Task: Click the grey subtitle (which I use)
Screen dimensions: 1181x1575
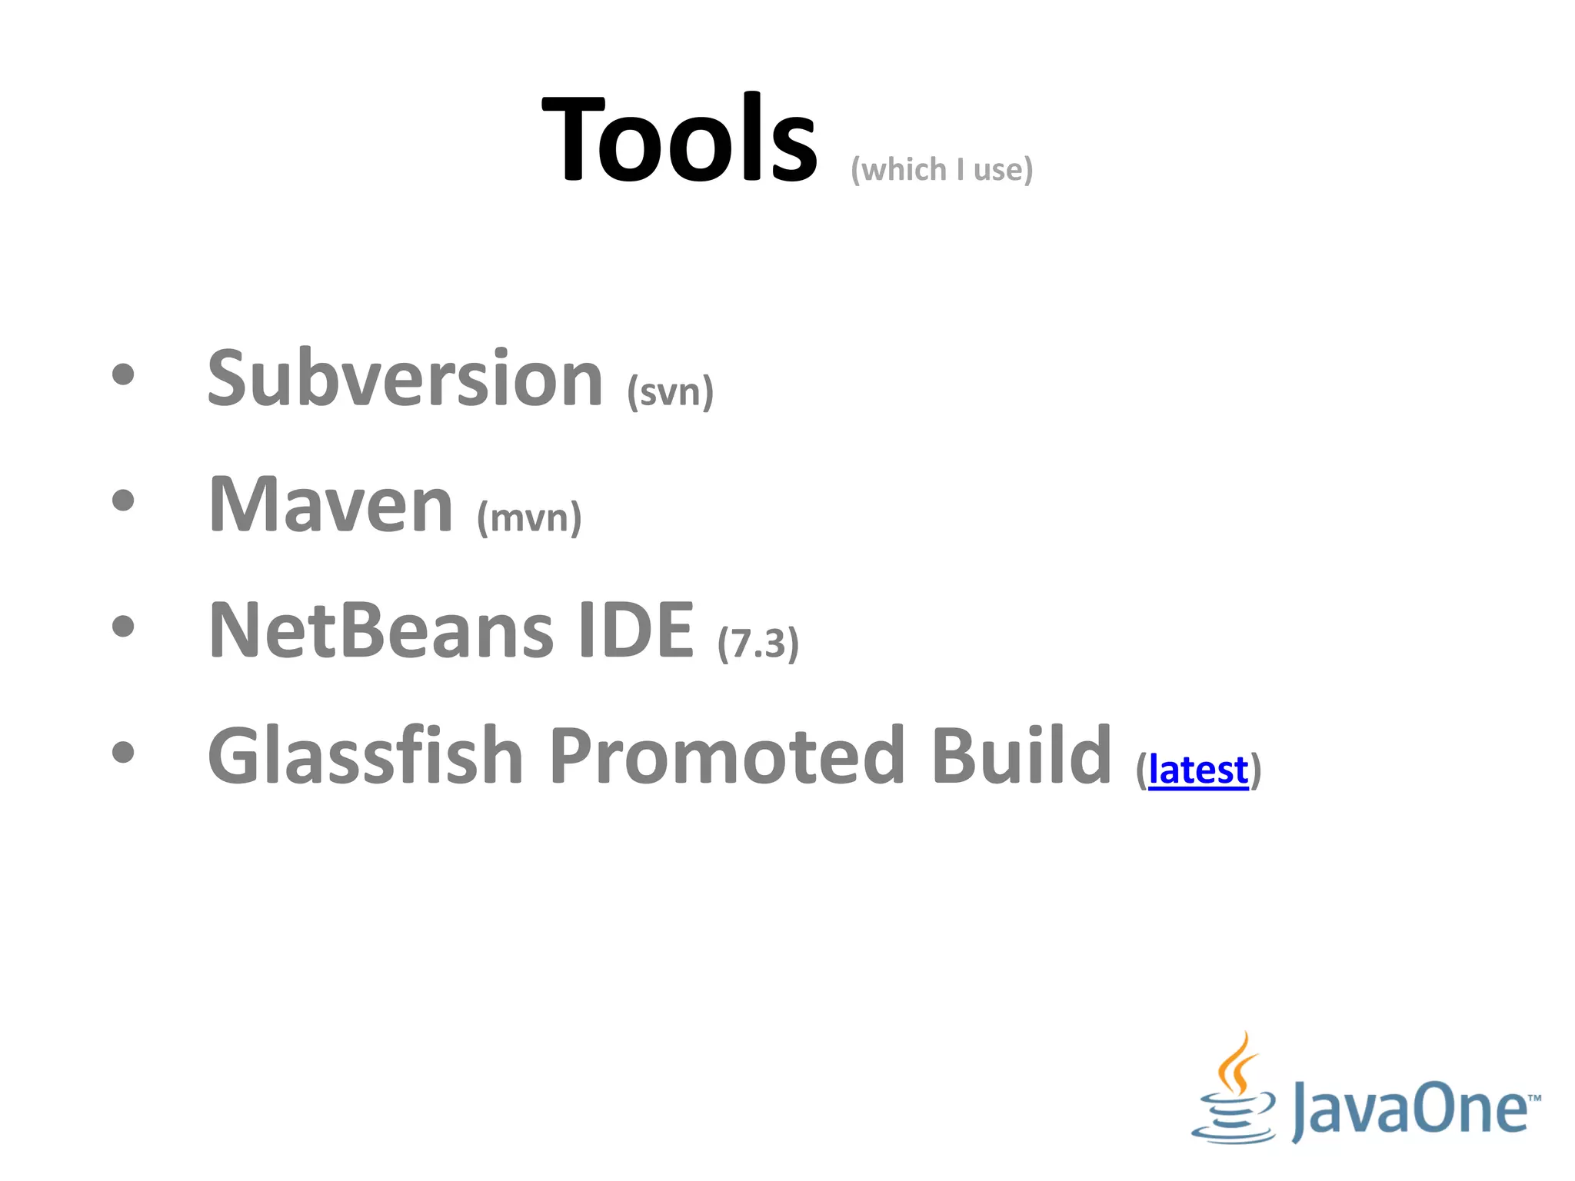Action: [941, 169]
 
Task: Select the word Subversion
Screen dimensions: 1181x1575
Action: [405, 378]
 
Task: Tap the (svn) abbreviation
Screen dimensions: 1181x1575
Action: [670, 392]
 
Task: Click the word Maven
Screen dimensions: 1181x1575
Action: [331, 504]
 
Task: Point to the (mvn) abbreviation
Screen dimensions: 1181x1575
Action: [529, 517]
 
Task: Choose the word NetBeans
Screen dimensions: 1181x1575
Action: [381, 630]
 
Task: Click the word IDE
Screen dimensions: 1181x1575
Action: [636, 630]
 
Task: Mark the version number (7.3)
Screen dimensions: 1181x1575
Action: [758, 644]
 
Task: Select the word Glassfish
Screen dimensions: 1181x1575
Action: [365, 757]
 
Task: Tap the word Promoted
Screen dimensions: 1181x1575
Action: [727, 757]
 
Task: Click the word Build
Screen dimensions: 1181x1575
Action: [1021, 757]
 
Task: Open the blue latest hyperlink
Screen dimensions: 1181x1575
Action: [1198, 770]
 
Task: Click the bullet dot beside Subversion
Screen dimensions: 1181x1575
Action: [123, 375]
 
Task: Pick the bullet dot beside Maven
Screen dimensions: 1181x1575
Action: [123, 501]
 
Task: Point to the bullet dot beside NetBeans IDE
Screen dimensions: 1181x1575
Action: [123, 627]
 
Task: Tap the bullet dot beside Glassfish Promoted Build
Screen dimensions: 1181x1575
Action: [123, 753]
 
